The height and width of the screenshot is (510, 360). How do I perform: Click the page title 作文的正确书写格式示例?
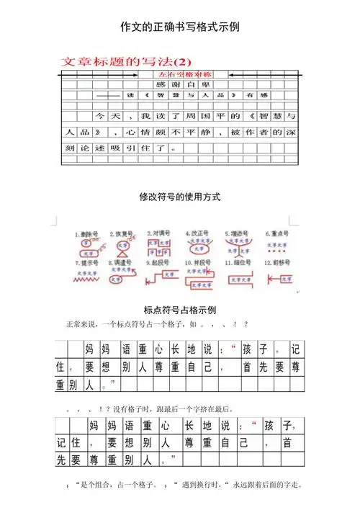pyautogui.click(x=180, y=27)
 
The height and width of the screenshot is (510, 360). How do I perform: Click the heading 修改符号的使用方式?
pyautogui.click(x=180, y=197)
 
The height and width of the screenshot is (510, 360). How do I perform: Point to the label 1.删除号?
pyautogui.click(x=87, y=234)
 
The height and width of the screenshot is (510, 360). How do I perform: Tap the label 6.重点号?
pyautogui.click(x=276, y=234)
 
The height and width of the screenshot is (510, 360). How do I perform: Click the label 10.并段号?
pyautogui.click(x=197, y=264)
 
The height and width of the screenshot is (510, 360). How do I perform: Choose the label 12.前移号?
pyautogui.click(x=276, y=264)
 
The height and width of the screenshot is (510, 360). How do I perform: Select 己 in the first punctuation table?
pyautogui.click(x=210, y=367)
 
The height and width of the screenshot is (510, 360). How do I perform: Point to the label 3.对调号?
pyautogui.click(x=158, y=234)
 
